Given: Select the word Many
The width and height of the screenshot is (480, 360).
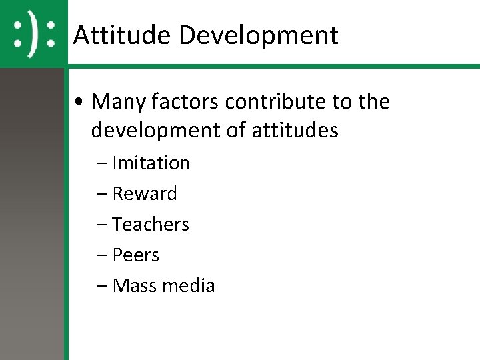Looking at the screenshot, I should tap(118, 102).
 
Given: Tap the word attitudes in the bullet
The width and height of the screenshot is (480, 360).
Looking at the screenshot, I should tap(295, 131).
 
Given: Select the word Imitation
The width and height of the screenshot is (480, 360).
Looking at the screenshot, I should tap(151, 163).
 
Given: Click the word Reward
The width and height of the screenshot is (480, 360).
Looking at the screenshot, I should tap(145, 194).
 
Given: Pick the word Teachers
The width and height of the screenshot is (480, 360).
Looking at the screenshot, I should tap(151, 225).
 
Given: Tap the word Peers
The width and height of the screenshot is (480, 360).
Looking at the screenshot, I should tap(136, 255).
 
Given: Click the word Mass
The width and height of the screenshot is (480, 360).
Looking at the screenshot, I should tap(131, 286).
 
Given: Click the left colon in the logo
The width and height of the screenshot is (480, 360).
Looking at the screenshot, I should tap(19, 35).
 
